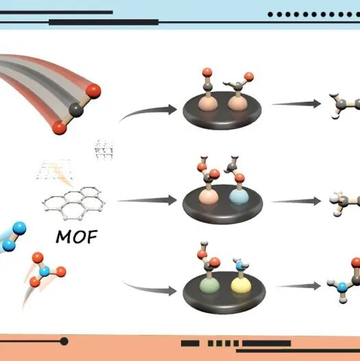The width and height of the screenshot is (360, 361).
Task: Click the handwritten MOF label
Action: click(77, 237)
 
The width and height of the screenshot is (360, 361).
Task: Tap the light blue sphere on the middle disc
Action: click(239, 197)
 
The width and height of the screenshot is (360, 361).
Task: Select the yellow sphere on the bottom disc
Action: click(241, 285)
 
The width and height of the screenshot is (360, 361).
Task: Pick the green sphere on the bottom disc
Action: click(209, 285)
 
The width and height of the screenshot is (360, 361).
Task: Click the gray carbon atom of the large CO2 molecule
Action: click(76, 110)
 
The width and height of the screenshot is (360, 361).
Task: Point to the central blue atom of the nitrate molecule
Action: click(45, 272)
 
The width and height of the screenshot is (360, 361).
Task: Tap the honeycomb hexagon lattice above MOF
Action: click(74, 202)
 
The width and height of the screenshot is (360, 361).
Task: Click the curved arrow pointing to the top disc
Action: click(148, 112)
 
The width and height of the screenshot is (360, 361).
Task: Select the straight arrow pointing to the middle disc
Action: click(147, 200)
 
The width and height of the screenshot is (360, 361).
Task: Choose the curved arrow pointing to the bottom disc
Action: click(149, 288)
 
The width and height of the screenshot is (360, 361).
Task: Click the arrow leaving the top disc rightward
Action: click(296, 104)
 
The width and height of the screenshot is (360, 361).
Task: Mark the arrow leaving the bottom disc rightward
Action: click(298, 286)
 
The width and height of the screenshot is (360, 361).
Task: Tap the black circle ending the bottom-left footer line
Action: click(64, 341)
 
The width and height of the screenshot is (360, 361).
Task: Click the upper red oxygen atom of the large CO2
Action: click(93, 91)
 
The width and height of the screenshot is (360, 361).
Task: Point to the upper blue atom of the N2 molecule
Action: click(19, 229)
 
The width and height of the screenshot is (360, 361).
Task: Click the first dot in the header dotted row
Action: click(270, 14)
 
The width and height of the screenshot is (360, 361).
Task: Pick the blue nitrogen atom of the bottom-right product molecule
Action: click(342, 288)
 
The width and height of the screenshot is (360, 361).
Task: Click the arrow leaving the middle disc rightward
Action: click(296, 201)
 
